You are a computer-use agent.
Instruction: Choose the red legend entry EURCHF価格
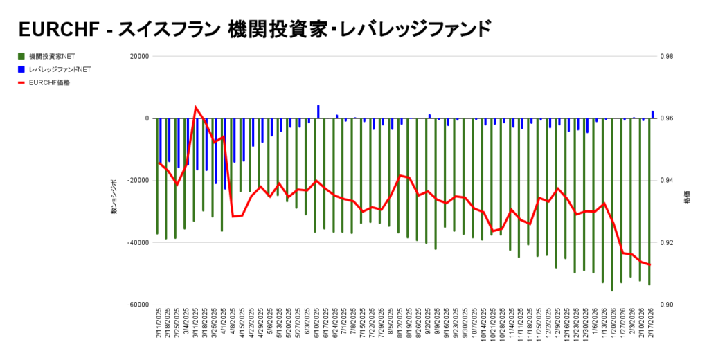click(49, 82)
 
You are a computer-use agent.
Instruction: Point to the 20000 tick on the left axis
click(139, 57)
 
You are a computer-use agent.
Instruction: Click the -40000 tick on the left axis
click(138, 243)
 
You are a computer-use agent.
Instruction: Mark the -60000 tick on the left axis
click(138, 305)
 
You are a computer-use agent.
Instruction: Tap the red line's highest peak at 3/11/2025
click(196, 107)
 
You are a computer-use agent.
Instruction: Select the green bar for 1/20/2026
click(611, 208)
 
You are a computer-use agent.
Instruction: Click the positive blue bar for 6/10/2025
click(318, 111)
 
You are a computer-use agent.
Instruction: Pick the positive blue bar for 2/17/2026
click(652, 114)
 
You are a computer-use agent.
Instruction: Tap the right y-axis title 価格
click(687, 197)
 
